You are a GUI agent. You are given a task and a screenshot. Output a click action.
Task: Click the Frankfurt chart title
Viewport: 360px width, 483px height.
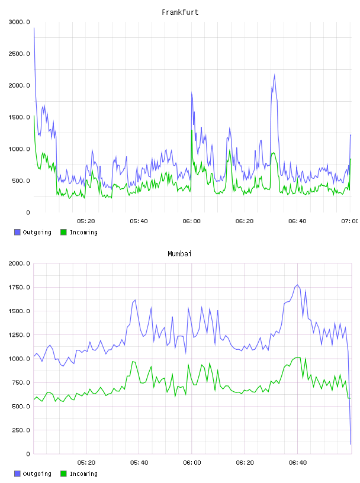(180, 12)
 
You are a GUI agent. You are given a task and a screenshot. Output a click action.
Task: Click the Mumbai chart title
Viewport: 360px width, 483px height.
(179, 254)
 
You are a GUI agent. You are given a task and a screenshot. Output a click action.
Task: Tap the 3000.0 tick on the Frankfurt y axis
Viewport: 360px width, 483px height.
(19, 22)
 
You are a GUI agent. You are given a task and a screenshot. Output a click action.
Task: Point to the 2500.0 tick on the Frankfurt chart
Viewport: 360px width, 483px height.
(19, 54)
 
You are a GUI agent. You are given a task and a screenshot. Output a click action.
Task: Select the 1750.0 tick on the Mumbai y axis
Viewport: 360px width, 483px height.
(19, 288)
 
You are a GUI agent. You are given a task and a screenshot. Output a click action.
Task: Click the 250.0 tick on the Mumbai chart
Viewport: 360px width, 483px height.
(21, 430)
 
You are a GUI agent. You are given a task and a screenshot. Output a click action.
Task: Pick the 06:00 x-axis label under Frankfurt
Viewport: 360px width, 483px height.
(191, 221)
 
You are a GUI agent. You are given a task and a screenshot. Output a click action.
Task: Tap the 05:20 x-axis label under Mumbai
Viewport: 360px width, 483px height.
(86, 463)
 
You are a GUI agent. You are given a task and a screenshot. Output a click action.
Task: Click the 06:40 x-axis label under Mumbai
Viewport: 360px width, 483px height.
(298, 463)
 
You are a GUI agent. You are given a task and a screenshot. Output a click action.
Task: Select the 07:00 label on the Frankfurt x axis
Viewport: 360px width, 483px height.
(349, 221)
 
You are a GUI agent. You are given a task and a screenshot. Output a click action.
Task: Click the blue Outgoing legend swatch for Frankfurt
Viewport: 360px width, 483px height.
(17, 232)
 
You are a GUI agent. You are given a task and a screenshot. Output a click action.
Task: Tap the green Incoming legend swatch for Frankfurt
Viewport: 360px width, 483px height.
(63, 232)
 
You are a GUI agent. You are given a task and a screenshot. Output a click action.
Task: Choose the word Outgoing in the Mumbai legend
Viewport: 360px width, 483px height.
(37, 474)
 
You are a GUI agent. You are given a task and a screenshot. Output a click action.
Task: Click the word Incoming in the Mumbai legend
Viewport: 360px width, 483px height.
(83, 474)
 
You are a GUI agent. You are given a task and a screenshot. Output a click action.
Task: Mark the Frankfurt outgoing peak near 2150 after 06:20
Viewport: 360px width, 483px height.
(274, 75)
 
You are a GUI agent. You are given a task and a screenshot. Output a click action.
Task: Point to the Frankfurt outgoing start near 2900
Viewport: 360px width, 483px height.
(34, 28)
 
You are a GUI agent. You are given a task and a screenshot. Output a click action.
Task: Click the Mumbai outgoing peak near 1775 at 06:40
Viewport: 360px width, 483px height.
(297, 285)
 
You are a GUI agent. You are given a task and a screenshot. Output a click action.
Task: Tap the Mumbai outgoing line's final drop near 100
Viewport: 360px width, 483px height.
(351, 444)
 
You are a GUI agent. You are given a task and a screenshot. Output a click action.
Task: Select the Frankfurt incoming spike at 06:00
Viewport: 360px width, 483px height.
(192, 130)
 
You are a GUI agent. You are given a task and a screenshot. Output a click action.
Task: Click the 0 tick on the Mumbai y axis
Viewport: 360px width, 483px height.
(28, 454)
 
